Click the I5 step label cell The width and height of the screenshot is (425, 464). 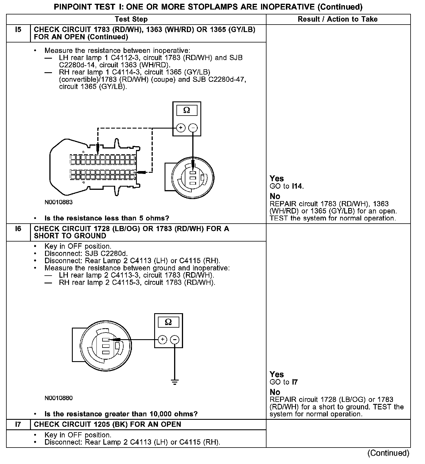(18, 29)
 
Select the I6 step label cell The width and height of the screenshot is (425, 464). (18, 229)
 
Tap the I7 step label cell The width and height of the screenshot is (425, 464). (18, 424)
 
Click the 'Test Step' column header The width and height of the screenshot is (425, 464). (131, 19)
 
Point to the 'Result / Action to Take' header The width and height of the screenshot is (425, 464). (338, 19)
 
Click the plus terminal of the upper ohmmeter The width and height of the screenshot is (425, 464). (181, 128)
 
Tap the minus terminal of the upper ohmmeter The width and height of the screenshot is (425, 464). (193, 128)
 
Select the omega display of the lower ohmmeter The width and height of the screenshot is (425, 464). (168, 322)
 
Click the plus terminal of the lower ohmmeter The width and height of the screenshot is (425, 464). (163, 339)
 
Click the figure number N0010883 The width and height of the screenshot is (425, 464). (59, 202)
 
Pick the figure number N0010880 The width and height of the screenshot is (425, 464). (59, 398)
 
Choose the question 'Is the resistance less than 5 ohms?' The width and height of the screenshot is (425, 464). (107, 218)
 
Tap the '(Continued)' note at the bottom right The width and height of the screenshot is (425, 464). (388, 453)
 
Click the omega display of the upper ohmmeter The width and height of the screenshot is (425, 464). (187, 110)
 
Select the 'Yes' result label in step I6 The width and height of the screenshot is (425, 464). (277, 374)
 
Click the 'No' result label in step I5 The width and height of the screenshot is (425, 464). (275, 196)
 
